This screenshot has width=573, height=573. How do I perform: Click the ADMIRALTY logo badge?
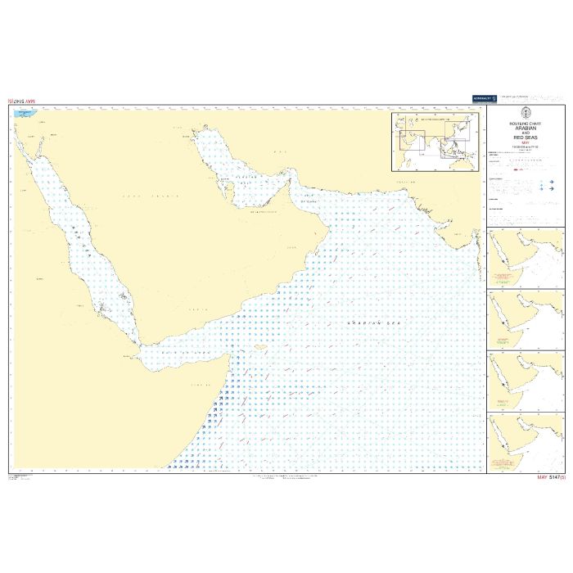pyautogui.click(x=485, y=98)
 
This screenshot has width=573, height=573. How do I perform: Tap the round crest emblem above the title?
pyautogui.click(x=526, y=115)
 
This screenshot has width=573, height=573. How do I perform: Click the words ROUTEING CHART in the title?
pyautogui.click(x=526, y=124)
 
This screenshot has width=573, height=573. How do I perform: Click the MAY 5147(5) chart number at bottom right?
pyautogui.click(x=550, y=476)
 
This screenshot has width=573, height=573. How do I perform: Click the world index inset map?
pyautogui.click(x=436, y=142)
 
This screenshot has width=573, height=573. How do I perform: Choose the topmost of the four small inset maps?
pyautogui.click(x=525, y=258)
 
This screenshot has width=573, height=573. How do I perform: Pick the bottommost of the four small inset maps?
pyautogui.click(x=525, y=443)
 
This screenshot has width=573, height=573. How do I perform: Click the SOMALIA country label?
pyautogui.click(x=201, y=385)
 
